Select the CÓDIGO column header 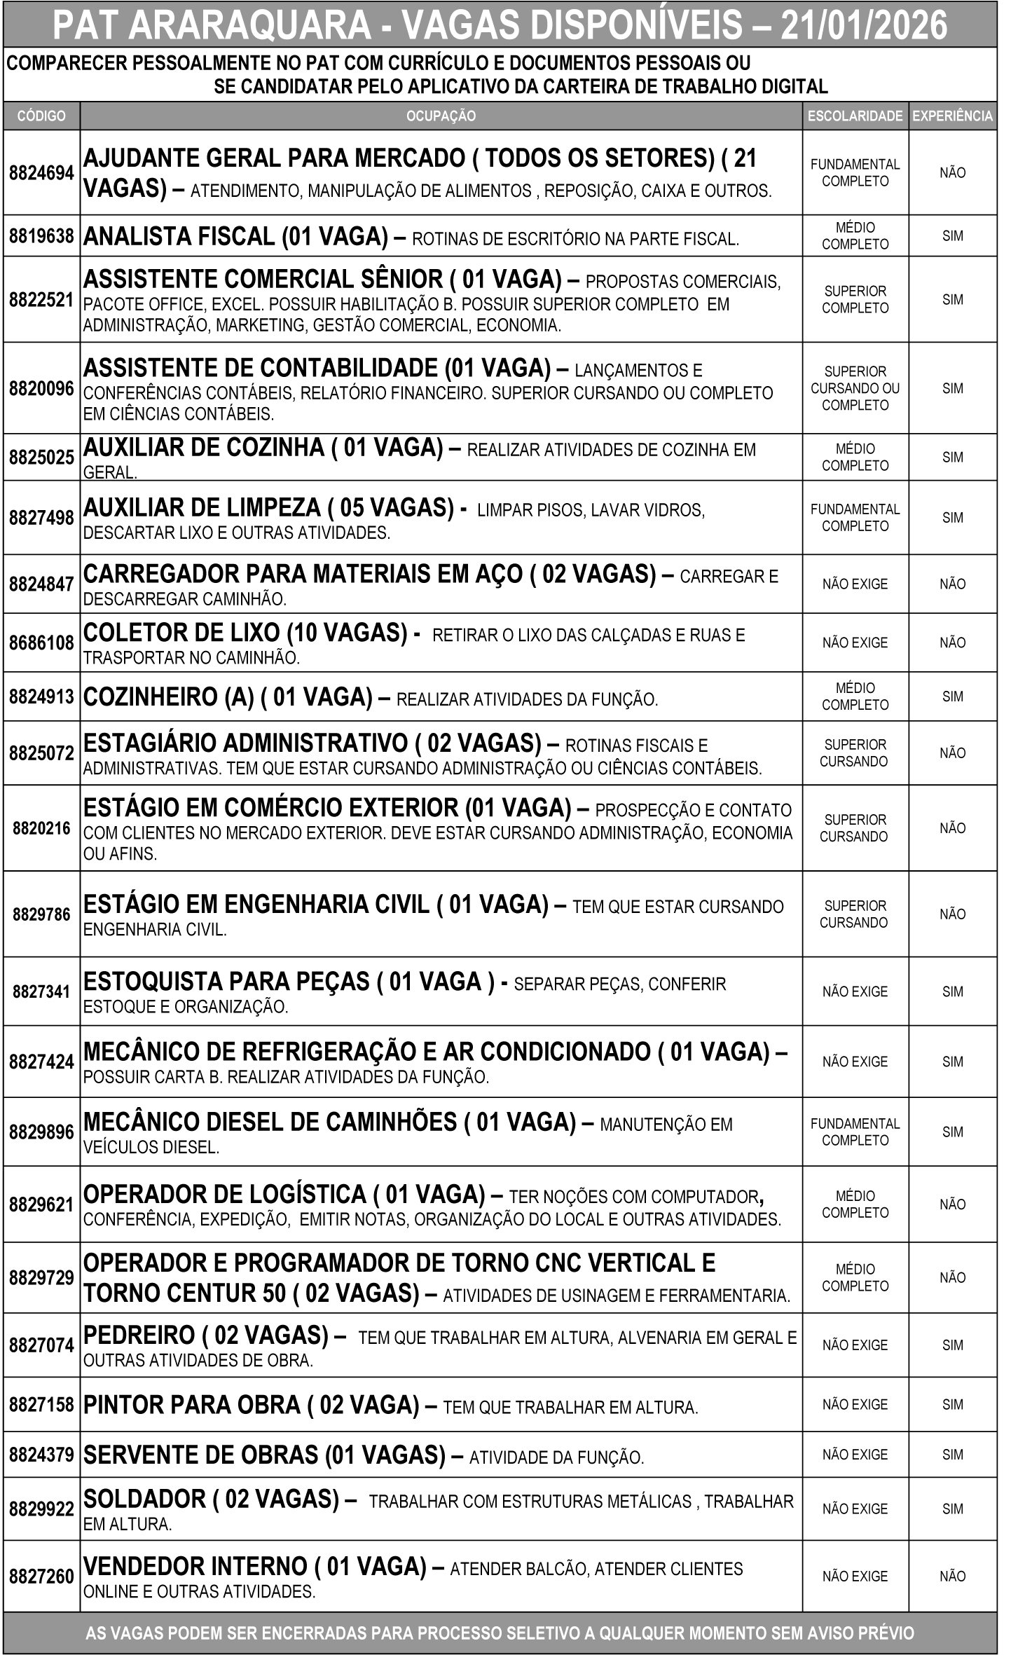(x=41, y=116)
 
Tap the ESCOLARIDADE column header (x=855, y=116)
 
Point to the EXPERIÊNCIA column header (x=952, y=116)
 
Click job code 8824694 (x=41, y=172)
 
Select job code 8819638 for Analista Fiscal (x=41, y=236)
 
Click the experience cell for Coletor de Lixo (x=952, y=643)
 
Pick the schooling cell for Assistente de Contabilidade (x=855, y=388)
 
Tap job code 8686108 (x=41, y=643)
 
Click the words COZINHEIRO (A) (x=168, y=697)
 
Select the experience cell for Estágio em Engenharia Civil (x=952, y=914)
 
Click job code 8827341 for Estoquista (x=41, y=991)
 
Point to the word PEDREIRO (x=139, y=1335)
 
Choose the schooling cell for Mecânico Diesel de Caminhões (x=855, y=1132)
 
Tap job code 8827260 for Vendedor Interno (x=41, y=1577)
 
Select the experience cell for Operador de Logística (x=952, y=1204)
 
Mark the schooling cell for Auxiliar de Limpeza (x=855, y=518)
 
